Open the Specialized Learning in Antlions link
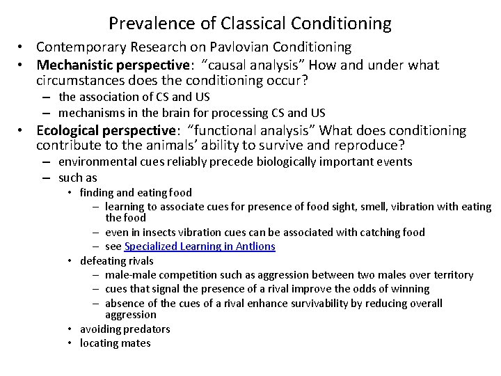[199, 246]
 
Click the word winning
[408, 288]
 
